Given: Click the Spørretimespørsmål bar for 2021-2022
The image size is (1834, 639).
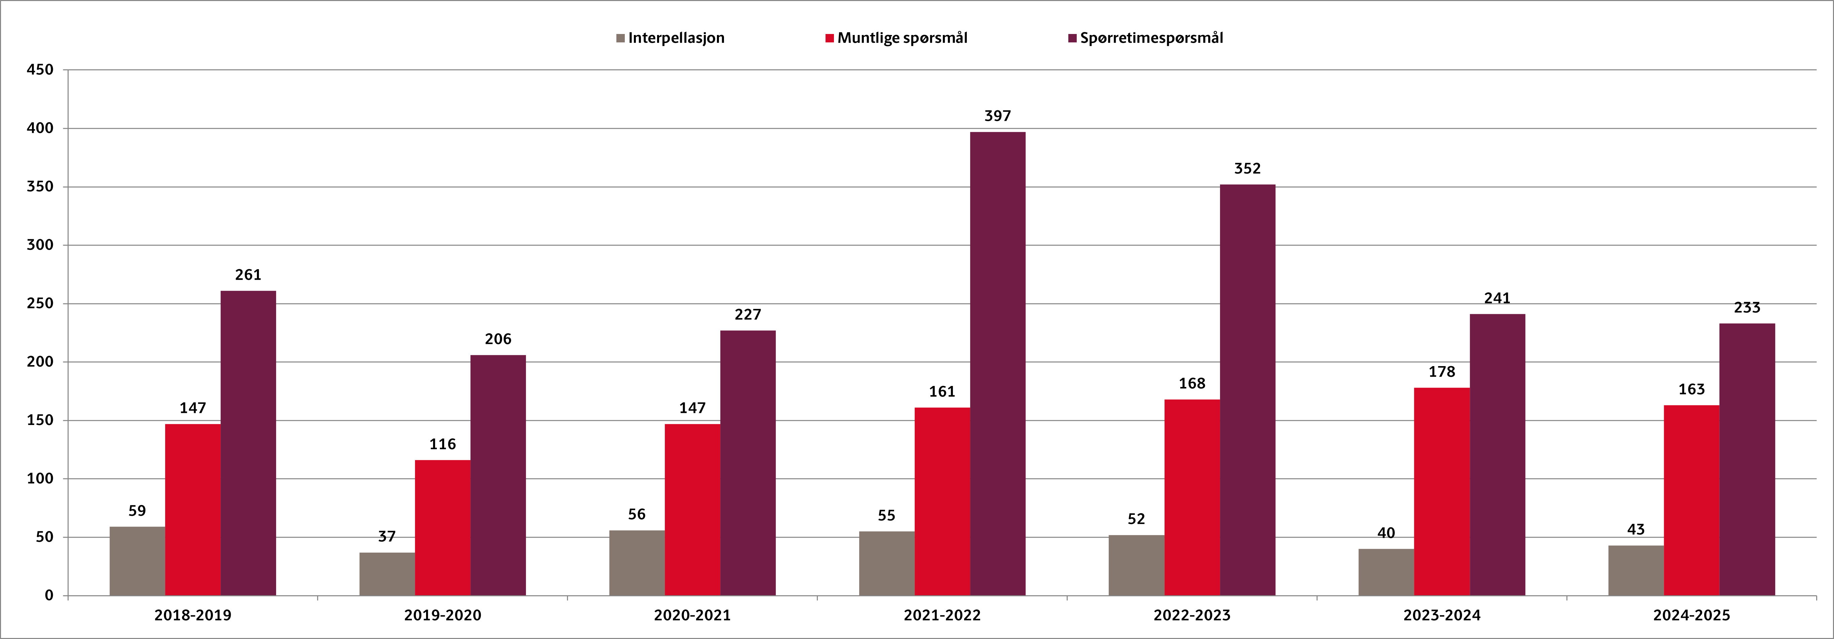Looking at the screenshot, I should click(x=997, y=363).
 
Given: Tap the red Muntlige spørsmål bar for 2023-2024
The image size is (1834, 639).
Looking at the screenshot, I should click(x=1442, y=492).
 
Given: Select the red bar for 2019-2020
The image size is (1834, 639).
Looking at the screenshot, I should click(x=442, y=527).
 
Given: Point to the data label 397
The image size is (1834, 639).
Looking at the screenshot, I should click(x=997, y=115).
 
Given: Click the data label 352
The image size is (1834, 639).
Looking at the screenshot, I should click(x=1247, y=168).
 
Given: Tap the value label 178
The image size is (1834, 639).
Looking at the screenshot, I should click(x=1442, y=371).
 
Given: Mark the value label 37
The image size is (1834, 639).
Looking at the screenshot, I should click(x=387, y=536).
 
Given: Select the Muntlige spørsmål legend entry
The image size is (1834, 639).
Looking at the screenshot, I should click(x=901, y=38).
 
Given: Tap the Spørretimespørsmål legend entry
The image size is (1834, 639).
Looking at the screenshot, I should click(x=1150, y=38).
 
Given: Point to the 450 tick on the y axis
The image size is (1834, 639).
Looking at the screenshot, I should click(x=40, y=70).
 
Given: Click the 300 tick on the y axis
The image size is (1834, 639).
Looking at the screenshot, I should click(x=40, y=245).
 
